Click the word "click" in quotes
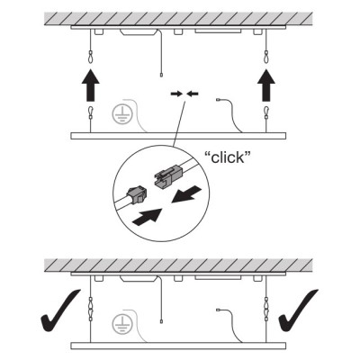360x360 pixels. coord(228,157)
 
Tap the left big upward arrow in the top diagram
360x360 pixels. coord(91,85)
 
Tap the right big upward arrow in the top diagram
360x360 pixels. coord(266,85)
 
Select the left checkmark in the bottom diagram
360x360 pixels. coord(60,310)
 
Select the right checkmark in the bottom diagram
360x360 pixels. coord(298,310)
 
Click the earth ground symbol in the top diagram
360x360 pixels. coord(121,114)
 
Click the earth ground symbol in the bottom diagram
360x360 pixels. coord(121,324)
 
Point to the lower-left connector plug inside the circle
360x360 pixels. coord(136,194)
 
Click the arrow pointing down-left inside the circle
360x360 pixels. coord(187,193)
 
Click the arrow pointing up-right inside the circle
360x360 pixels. coord(148,216)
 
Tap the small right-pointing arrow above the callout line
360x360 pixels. coord(176,94)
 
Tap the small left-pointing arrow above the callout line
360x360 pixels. coord(193,94)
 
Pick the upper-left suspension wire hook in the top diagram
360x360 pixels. coord(91,57)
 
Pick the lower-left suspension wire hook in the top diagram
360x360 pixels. coord(91,112)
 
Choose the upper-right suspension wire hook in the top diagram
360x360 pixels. coord(266,57)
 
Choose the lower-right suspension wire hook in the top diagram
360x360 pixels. coord(266,112)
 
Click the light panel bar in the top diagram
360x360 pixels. coord(178,136)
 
